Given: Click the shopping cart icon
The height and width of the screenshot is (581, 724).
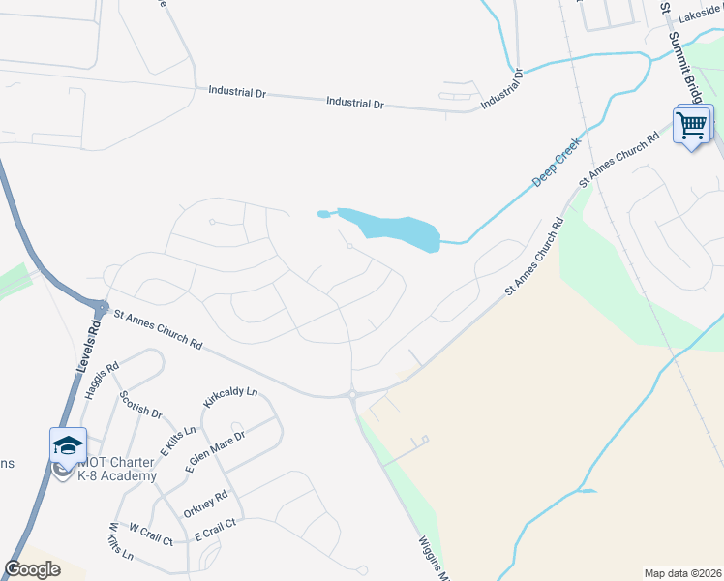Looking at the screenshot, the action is (x=691, y=125).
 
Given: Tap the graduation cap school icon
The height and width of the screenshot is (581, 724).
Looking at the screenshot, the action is (x=68, y=446).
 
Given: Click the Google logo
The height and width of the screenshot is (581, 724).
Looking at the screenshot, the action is (x=32, y=569).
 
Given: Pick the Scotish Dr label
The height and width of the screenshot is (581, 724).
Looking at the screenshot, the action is (x=140, y=405).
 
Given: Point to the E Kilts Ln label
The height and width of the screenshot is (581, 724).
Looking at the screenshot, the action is (x=178, y=441).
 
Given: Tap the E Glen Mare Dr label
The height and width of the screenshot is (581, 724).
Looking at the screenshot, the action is (x=215, y=451).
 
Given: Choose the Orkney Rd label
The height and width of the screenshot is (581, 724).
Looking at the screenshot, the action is (x=207, y=503).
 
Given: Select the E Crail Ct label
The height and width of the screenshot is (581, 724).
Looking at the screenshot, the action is (x=215, y=529).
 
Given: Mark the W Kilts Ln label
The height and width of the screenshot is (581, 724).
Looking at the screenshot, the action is (x=120, y=543).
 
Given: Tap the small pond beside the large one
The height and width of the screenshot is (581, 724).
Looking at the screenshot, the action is (x=323, y=214).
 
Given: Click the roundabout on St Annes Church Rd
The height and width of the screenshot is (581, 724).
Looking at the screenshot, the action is (x=352, y=394).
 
